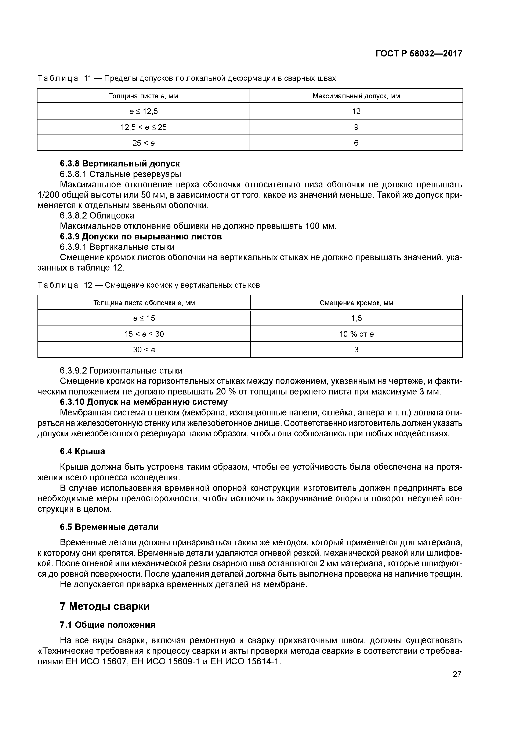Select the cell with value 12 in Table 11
tap(356, 111)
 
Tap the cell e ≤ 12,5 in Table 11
tap(143, 111)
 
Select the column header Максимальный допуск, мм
tap(356, 96)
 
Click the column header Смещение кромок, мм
tap(356, 303)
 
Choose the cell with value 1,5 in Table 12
tap(356, 318)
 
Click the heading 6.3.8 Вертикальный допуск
tap(120, 164)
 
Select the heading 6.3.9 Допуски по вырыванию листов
tap(141, 236)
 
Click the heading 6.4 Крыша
tap(83, 451)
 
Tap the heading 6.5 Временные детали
tap(109, 527)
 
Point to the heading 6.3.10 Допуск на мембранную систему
tap(144, 402)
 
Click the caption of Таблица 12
tap(149, 285)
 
